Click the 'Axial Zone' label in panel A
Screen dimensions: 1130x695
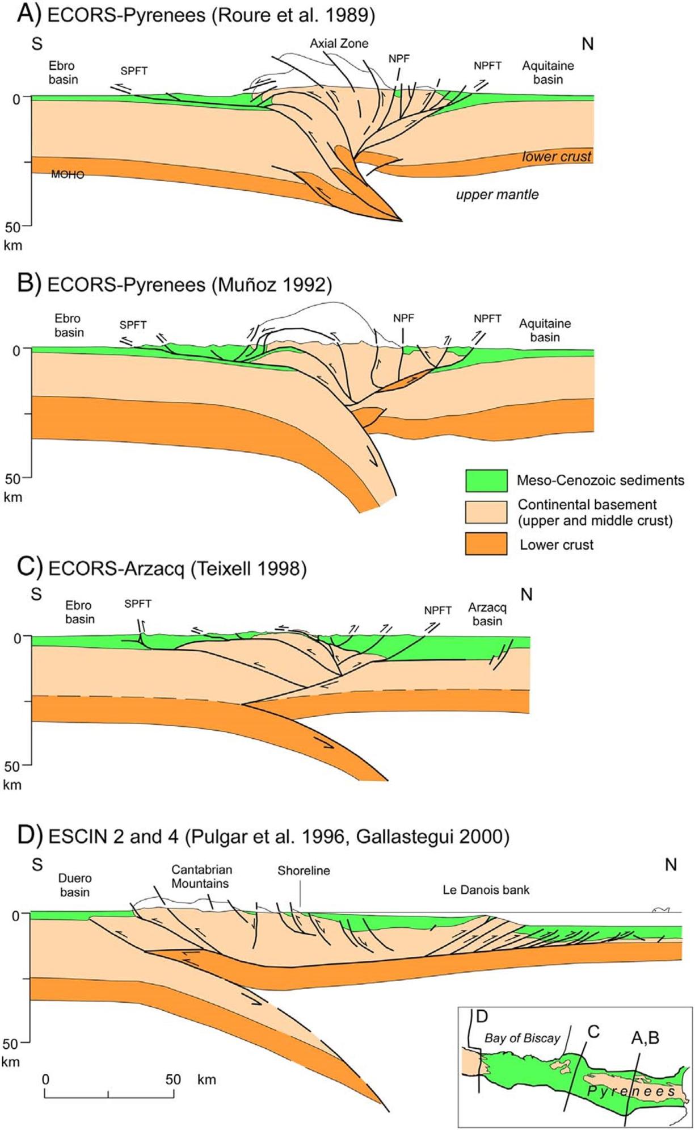tap(339, 43)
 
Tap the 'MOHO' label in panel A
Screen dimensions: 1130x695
tap(68, 175)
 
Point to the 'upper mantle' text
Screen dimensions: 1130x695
tap(497, 195)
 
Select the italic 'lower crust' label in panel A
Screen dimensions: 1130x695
tap(557, 156)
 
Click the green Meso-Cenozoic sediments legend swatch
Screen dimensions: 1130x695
tap(486, 480)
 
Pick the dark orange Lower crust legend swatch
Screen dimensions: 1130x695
tap(486, 544)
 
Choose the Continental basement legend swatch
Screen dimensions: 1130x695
tap(486, 512)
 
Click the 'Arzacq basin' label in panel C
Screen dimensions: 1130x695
tap(487, 614)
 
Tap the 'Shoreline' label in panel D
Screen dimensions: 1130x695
tap(304, 870)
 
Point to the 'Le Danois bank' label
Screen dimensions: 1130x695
tap(486, 890)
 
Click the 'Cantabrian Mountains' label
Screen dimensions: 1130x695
tap(201, 876)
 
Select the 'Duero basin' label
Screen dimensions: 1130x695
tap(75, 885)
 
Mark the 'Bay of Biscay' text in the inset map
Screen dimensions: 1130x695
tap(522, 1038)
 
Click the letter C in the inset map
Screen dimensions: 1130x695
tap(593, 1031)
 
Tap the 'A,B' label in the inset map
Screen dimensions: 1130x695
tap(645, 1038)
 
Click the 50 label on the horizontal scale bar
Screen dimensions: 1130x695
tap(173, 1079)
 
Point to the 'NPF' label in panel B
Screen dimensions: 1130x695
tap(403, 318)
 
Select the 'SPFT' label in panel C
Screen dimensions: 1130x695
tap(138, 604)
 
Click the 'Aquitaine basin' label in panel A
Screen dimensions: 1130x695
tap(547, 72)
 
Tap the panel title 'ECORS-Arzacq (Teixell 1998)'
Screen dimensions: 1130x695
tap(177, 568)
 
